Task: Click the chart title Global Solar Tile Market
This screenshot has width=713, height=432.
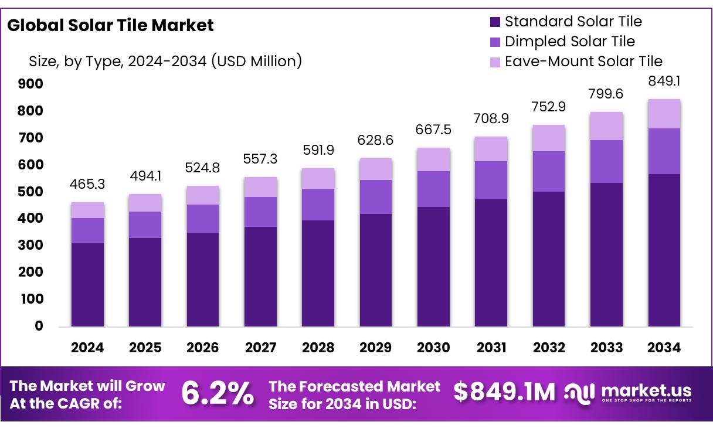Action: [110, 25]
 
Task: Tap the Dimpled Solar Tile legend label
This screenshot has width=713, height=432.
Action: [569, 42]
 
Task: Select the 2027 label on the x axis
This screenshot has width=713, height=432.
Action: [260, 348]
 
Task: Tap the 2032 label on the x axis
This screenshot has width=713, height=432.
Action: [549, 348]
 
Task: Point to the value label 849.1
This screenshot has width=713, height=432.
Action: [664, 81]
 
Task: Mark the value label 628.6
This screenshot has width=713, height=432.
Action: [376, 141]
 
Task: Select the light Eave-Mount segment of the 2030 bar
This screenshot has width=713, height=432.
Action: [433, 159]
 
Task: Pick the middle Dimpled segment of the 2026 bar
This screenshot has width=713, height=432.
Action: [203, 219]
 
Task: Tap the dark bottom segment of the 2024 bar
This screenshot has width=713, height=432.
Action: [88, 285]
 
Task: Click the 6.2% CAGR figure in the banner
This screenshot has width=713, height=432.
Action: [218, 393]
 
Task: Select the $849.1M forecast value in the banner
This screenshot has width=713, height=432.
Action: [504, 393]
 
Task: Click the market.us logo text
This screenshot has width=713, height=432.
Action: [646, 390]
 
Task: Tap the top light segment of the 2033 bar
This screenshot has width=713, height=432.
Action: [606, 126]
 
